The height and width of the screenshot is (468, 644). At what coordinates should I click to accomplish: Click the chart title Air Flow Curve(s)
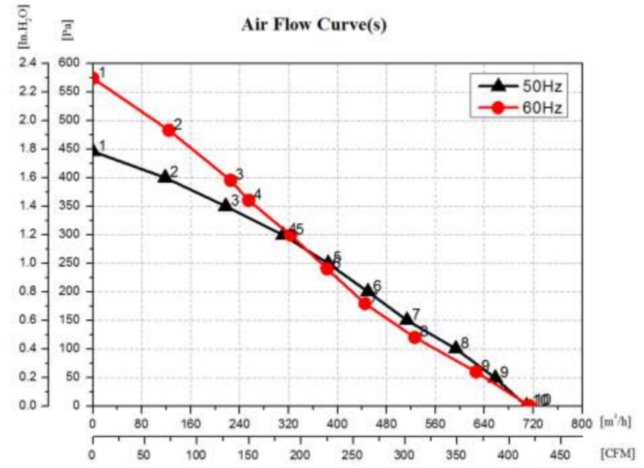point(314,26)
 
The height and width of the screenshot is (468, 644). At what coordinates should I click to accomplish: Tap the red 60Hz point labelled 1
point(95,78)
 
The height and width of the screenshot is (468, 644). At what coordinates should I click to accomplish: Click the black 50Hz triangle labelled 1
point(95,151)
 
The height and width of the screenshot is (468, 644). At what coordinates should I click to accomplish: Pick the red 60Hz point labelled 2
point(169,130)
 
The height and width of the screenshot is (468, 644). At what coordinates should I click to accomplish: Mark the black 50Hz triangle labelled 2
point(164,177)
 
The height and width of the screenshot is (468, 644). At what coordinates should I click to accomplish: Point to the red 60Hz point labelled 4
point(248,200)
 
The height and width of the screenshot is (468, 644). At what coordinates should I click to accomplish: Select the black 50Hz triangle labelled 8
point(455,348)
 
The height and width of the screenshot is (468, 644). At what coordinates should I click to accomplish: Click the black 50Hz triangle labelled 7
point(407,319)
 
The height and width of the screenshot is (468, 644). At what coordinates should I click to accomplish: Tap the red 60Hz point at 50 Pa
point(476,371)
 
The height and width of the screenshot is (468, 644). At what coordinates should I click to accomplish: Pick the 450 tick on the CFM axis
point(560,453)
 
